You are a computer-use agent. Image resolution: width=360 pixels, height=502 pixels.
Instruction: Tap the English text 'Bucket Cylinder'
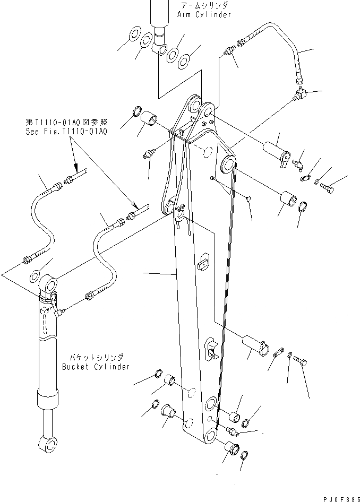[96, 366]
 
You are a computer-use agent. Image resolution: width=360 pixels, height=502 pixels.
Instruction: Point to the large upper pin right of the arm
[276, 149]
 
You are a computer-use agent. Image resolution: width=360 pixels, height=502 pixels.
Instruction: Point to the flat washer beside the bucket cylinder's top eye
[34, 276]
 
